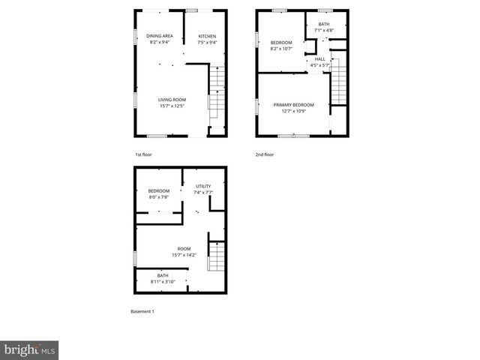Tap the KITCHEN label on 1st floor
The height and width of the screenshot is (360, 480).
click(207, 36)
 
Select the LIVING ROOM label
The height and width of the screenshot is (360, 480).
click(172, 100)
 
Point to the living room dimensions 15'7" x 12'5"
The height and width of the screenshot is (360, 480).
click(172, 106)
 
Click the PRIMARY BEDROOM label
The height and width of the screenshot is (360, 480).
click(293, 105)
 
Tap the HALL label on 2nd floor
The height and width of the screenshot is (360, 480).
click(320, 59)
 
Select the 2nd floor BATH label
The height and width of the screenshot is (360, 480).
click(323, 24)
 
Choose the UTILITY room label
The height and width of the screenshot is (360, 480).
click(203, 186)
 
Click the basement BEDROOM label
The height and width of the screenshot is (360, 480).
click(158, 191)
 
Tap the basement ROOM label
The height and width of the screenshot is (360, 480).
click(184, 249)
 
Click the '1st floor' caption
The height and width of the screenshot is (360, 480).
click(143, 154)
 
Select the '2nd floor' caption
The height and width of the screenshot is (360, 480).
click(265, 154)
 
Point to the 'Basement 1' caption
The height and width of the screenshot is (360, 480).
click(142, 310)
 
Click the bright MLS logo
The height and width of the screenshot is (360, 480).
click(30, 350)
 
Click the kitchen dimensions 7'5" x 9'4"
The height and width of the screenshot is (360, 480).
click(207, 43)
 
